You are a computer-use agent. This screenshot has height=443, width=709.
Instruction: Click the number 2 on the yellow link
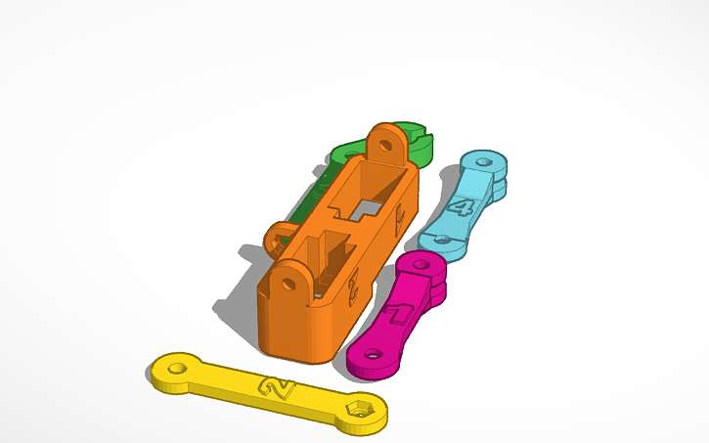pyautogui.click(x=278, y=389)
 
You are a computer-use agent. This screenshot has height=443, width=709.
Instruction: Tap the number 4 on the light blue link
pyautogui.click(x=463, y=206)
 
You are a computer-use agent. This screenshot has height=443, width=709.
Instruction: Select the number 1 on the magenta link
pyautogui.click(x=401, y=314)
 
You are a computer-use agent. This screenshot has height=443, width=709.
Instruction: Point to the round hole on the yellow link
pyautogui.click(x=178, y=369)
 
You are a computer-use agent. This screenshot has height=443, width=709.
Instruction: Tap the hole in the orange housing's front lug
pyautogui.click(x=289, y=283)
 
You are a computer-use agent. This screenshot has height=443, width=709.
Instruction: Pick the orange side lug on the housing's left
pyautogui.click(x=279, y=235)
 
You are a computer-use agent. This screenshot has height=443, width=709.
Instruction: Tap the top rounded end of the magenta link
pyautogui.click(x=426, y=265)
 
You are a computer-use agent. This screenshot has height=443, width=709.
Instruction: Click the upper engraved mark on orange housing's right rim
pyautogui.click(x=397, y=221)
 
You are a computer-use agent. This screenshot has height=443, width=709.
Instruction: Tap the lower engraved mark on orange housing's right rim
pyautogui.click(x=353, y=285)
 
